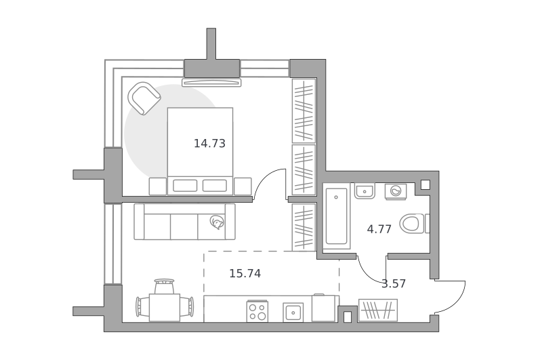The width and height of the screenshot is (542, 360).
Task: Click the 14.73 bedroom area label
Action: click(x=209, y=143)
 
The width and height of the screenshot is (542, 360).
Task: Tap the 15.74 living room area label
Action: click(x=245, y=273)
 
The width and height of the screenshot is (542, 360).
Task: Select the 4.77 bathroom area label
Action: click(x=379, y=229)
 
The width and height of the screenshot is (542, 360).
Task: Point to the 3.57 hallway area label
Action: click(x=394, y=283)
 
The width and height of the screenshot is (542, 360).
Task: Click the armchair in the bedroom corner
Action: click(x=144, y=98)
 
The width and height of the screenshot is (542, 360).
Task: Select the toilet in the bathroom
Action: click(x=414, y=224)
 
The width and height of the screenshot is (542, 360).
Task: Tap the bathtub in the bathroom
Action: click(x=336, y=216)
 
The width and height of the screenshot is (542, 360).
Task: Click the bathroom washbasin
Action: click(x=364, y=191)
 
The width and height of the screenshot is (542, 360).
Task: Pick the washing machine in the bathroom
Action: click(x=396, y=191)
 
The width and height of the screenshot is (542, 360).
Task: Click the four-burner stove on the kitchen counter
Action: click(x=257, y=311)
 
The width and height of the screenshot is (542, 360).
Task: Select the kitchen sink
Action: click(x=293, y=313)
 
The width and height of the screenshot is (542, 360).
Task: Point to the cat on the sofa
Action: click(x=217, y=222)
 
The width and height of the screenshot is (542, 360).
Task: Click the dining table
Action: click(x=165, y=307)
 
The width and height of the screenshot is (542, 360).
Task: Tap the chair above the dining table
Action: click(x=164, y=286)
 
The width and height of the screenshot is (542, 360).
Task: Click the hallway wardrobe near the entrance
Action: click(x=378, y=311)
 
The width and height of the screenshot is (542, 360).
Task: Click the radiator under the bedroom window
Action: click(x=211, y=82)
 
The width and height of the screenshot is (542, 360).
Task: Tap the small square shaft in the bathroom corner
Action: click(x=425, y=184)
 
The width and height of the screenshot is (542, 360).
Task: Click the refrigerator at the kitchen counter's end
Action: click(x=324, y=308)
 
